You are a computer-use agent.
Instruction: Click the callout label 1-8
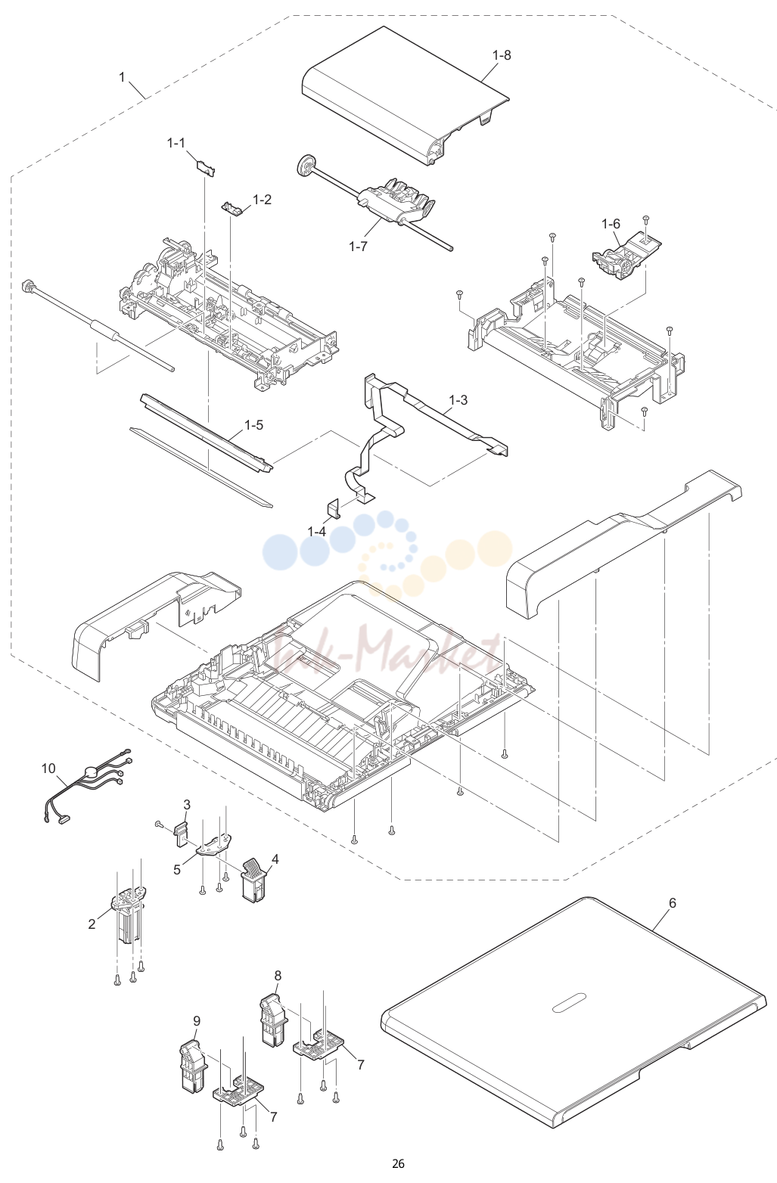click(x=502, y=55)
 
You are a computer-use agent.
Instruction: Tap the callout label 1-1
click(x=176, y=143)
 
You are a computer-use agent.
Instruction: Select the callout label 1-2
click(x=262, y=200)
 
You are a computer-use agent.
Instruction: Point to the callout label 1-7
click(x=358, y=246)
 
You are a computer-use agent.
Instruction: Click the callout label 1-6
click(x=611, y=224)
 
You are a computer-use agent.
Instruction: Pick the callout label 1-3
click(x=458, y=400)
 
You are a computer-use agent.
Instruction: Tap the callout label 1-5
click(x=253, y=425)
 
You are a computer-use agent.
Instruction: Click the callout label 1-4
click(x=317, y=531)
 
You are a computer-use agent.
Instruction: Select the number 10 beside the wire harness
click(x=48, y=768)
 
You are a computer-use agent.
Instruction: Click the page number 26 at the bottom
click(x=398, y=1163)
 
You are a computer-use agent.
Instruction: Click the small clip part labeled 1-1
click(x=206, y=167)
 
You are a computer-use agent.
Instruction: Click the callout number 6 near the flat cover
click(x=672, y=903)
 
